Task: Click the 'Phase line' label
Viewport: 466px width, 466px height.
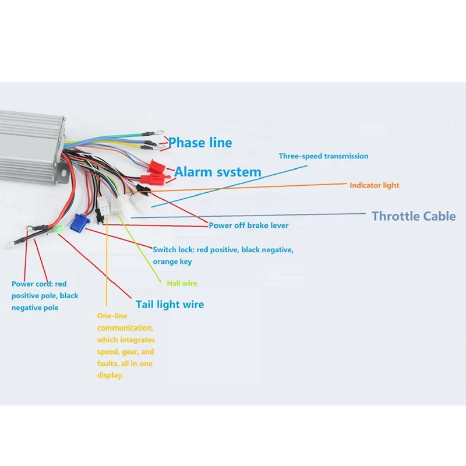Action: coord(200,143)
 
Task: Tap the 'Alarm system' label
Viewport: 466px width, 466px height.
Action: coord(218,172)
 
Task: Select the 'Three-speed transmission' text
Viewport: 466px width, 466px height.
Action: coord(323,156)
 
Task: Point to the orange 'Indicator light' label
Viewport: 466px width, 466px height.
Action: coord(375,185)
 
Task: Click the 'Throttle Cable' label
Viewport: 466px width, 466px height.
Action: coord(414,216)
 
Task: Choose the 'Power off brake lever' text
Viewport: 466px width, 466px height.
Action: coord(249,225)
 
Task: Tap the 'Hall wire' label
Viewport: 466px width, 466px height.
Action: coord(182,284)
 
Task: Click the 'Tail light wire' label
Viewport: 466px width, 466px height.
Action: coord(170,304)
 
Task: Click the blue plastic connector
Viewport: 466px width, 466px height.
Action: coord(77,222)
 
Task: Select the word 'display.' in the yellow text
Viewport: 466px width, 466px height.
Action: coord(111,376)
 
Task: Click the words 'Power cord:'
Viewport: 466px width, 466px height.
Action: coord(33,284)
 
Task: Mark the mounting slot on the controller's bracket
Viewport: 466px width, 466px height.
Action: coord(61,171)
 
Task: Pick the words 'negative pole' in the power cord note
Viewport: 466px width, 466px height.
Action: coord(35,308)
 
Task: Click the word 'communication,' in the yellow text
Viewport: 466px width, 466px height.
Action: coord(125,328)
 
